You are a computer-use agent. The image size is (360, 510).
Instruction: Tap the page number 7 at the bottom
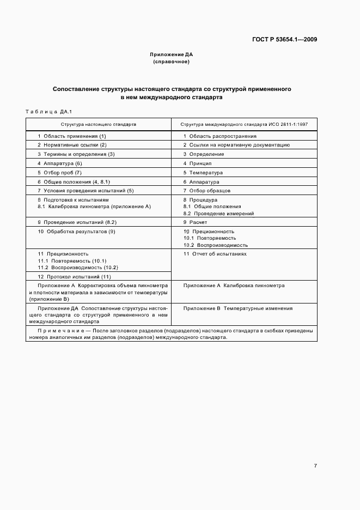pyautogui.click(x=315, y=466)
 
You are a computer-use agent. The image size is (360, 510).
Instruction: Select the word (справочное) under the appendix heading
pyautogui.click(x=171, y=62)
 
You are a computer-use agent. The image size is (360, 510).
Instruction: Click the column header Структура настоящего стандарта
pyautogui.click(x=99, y=124)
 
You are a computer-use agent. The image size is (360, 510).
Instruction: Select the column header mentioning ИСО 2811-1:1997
pyautogui.click(x=244, y=124)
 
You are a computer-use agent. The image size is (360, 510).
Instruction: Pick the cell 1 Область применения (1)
pyautogui.click(x=71, y=136)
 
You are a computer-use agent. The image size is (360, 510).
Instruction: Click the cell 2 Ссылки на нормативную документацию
pyautogui.click(x=236, y=145)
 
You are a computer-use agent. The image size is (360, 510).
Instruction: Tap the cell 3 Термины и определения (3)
pyautogui.click(x=76, y=154)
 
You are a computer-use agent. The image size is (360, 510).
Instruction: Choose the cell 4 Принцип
pyautogui.click(x=197, y=163)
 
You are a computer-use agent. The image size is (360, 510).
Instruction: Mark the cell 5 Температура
pyautogui.click(x=203, y=173)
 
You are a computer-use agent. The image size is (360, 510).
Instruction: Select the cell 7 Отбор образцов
pyautogui.click(x=206, y=191)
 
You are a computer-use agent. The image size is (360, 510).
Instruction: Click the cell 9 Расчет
pyautogui.click(x=195, y=222)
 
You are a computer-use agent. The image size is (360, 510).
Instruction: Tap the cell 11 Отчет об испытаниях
pyautogui.click(x=215, y=254)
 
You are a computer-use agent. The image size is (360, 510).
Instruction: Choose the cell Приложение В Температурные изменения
pyautogui.click(x=237, y=308)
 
